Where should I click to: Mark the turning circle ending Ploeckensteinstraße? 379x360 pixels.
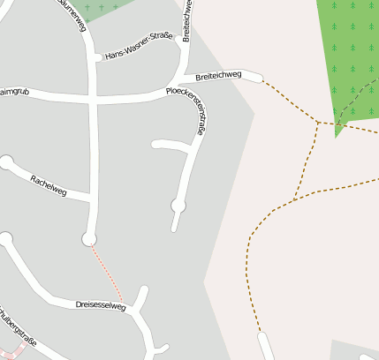point(178,206)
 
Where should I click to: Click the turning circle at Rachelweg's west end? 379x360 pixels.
point(7,162)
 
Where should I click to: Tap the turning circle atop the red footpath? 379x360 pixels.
point(88,239)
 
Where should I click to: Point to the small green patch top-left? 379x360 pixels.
point(102,9)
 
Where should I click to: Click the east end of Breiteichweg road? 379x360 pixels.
point(257,77)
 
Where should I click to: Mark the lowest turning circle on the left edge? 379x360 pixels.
point(6,238)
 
